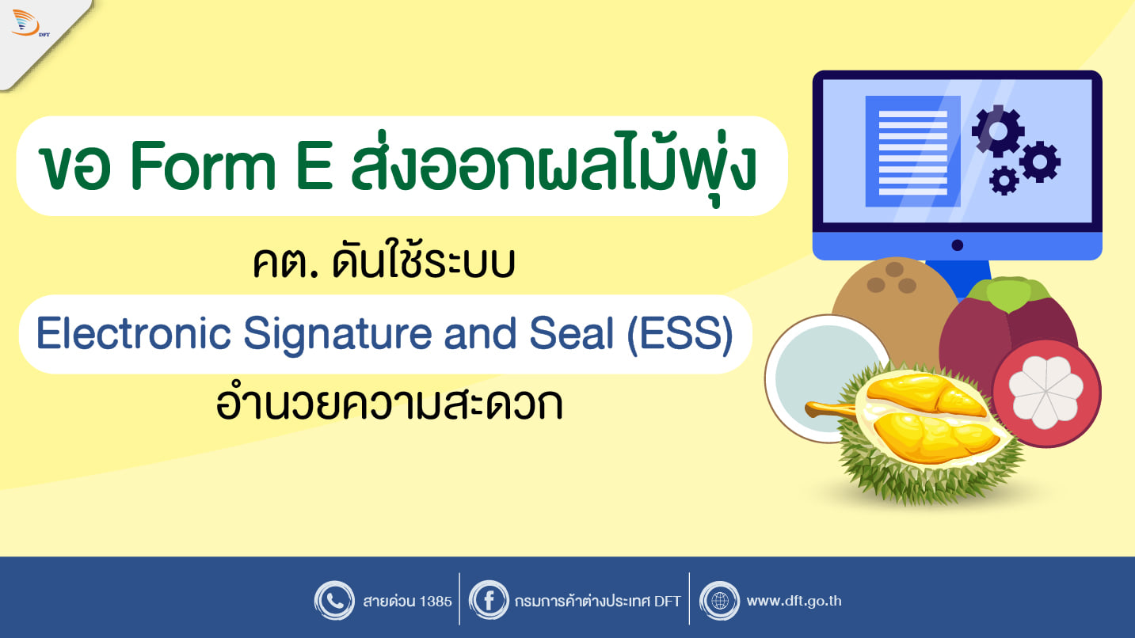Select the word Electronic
pos(134,333)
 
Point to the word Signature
pos(337,335)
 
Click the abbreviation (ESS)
pos(680,334)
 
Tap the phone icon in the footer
pos(334,601)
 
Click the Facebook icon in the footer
pos(489,601)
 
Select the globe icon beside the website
pos(719,601)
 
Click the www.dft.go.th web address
pos(794,601)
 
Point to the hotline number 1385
pos(436,601)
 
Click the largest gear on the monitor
pos(998,131)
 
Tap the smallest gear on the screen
pos(1004,180)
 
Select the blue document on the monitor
pos(912,151)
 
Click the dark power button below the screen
pos(957,245)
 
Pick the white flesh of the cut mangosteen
pos(1045,392)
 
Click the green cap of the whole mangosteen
pos(1008,293)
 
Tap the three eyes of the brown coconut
pos(892,279)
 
